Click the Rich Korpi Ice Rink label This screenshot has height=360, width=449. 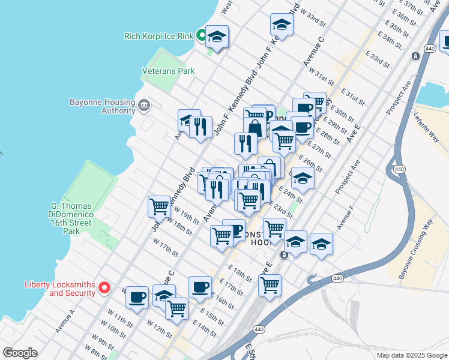(158, 36)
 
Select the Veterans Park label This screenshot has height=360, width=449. (168, 71)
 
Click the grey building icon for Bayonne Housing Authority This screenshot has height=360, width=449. (144, 106)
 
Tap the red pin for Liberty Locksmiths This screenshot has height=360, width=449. (104, 289)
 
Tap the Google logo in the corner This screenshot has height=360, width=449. (20, 353)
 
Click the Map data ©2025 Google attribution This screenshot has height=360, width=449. (411, 355)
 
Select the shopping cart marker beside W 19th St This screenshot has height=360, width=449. (160, 206)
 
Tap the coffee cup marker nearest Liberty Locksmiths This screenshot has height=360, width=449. (137, 296)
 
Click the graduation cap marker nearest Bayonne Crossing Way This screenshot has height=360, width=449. (321, 245)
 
